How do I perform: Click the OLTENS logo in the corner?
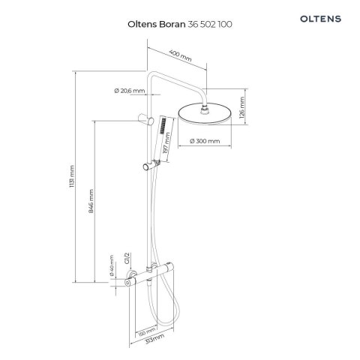(x=320, y=19)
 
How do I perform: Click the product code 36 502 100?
(x=210, y=24)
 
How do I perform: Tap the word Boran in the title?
(x=172, y=24)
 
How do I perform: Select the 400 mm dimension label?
(x=180, y=55)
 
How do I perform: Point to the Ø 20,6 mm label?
(x=130, y=91)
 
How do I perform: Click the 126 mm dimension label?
(x=242, y=108)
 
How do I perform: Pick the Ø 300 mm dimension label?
(x=205, y=141)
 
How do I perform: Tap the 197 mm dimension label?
(x=166, y=143)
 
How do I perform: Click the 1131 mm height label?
(x=72, y=176)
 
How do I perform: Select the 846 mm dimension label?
(x=91, y=201)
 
